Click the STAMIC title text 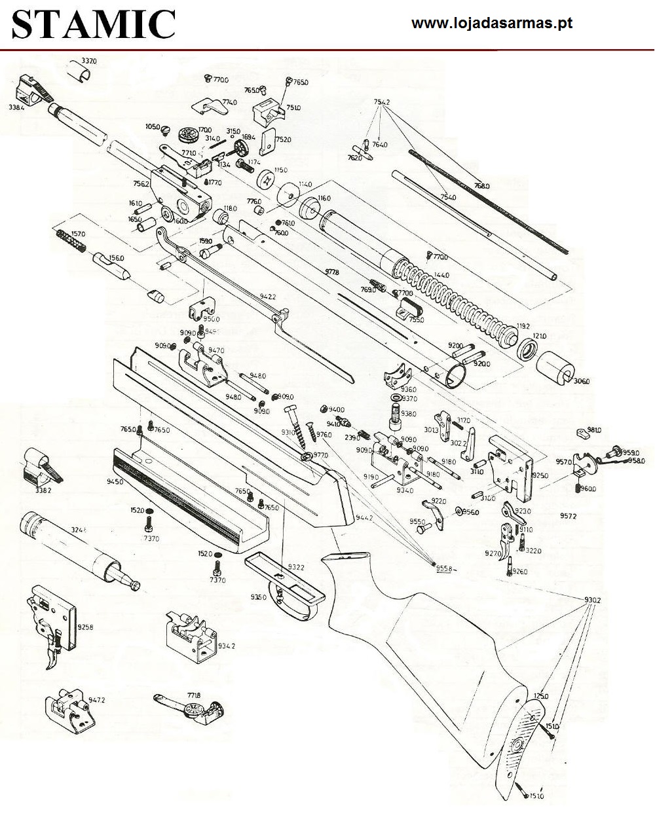point(94,25)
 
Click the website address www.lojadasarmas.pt point(492,24)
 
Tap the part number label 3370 point(88,61)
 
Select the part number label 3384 point(16,107)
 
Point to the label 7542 point(382,102)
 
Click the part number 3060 point(581,381)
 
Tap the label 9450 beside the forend point(115,482)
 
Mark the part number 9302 point(592,600)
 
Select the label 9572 point(569,516)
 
